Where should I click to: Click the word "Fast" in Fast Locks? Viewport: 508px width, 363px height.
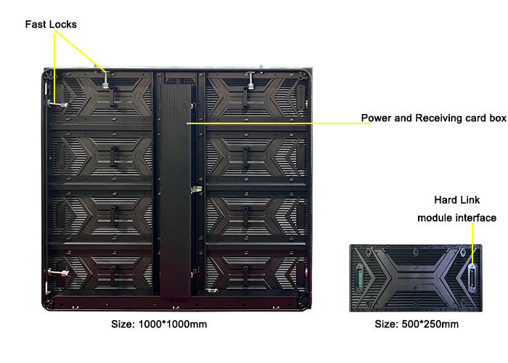pos(36,25)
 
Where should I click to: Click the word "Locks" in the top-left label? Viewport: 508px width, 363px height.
pos(63,25)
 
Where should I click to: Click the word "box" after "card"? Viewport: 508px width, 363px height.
pos(498,118)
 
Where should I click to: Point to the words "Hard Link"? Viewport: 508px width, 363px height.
pos(455,199)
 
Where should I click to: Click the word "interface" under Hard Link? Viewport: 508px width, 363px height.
pos(475,217)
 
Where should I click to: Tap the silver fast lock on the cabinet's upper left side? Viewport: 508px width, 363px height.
pos(56,103)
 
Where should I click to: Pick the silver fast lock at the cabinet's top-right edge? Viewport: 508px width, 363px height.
pos(250,78)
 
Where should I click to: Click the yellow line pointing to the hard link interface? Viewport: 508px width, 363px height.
pos(474,247)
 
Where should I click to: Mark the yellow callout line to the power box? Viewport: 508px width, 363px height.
pos(276,123)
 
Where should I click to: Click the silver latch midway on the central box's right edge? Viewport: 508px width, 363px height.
pos(194,190)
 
